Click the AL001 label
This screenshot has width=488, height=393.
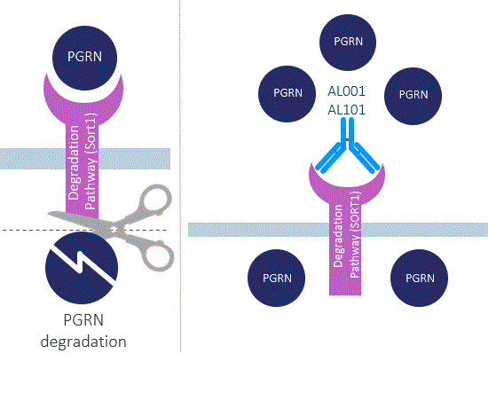coord(346,91)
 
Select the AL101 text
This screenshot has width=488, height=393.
coord(346,110)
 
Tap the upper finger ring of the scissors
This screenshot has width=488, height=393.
coord(155,199)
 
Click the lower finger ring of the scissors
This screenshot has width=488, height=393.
coord(159,256)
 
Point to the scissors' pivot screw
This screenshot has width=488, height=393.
coord(114,231)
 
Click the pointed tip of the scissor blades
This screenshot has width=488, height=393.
coord(48,214)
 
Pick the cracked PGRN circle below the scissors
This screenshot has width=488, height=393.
coord(82,268)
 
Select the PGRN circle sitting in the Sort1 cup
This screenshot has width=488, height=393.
coord(84,58)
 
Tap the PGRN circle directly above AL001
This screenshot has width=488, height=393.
coord(348,43)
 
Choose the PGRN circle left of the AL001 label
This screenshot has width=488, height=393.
coord(287,94)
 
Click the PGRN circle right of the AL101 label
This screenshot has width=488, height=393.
coord(413,96)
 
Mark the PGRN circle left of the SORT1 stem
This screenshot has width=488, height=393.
coord(276,278)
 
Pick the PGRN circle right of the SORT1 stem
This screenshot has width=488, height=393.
coord(419,278)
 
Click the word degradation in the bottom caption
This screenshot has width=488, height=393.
coord(83,342)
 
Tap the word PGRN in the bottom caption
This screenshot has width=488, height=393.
coord(83,320)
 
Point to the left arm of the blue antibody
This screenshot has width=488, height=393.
coord(331,158)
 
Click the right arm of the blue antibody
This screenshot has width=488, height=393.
coord(365,157)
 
